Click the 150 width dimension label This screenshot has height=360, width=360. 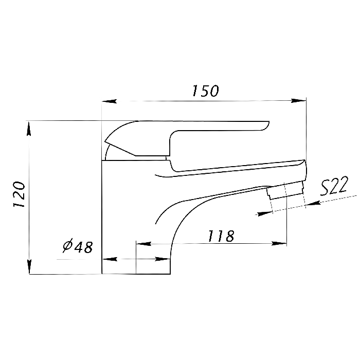[205, 91]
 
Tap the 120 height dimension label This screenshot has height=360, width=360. [19, 194]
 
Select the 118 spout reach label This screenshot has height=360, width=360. [221, 236]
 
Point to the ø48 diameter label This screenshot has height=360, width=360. [78, 246]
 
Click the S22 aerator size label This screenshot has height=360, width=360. [334, 186]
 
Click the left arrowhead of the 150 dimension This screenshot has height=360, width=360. [109, 101]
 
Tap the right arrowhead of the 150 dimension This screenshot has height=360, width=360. [298, 101]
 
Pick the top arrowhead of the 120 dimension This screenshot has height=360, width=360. [29, 129]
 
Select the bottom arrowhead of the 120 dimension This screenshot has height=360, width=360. [29, 267]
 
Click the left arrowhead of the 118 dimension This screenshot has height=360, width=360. [143, 244]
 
